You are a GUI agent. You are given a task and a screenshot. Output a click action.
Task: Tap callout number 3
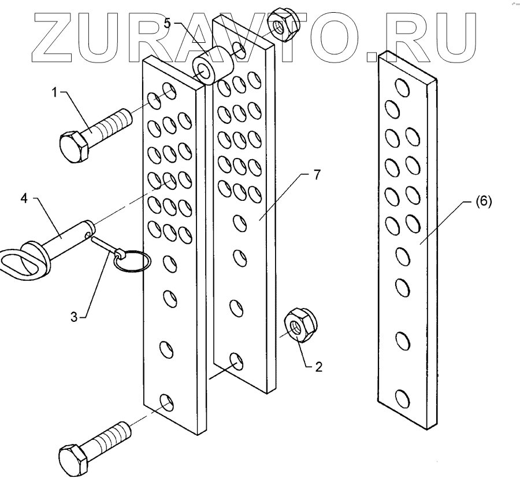pos(74,316)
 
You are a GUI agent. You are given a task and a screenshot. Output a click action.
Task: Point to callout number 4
pos(24,199)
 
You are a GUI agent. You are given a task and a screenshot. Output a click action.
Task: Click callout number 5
pos(168,24)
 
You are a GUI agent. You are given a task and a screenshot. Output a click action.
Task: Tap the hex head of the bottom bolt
pos(73,459)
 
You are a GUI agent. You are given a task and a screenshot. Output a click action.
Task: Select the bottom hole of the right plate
pos(402,398)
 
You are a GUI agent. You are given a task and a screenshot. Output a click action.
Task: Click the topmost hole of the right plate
pos(399,88)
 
